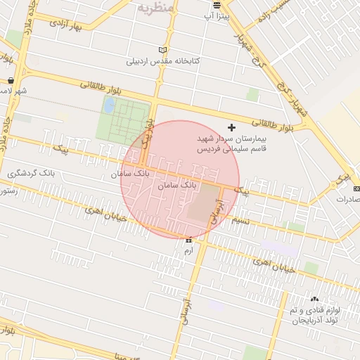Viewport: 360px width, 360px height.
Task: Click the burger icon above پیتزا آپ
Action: (x=217, y=4)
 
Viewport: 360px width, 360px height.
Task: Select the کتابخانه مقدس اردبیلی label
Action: (x=163, y=61)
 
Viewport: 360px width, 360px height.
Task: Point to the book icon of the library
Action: (x=164, y=50)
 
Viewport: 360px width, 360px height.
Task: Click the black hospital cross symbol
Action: (x=232, y=129)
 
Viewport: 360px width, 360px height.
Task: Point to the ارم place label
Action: (x=188, y=250)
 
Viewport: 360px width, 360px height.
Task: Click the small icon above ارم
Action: (x=188, y=240)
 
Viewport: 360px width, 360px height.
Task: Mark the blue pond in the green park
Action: (x=110, y=106)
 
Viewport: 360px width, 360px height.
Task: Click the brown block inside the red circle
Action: (x=204, y=210)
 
